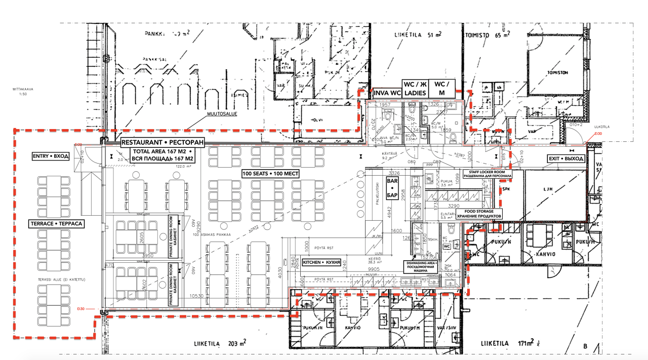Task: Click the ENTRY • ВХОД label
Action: [x=50, y=156]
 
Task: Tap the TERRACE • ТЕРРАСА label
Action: [x=56, y=223]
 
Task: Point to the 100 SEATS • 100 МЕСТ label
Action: [x=270, y=174]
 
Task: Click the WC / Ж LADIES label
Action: [x=415, y=89]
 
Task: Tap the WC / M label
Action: [x=442, y=89]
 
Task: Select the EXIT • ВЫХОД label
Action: [x=566, y=159]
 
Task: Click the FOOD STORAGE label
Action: [x=478, y=214]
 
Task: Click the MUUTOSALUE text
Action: [x=221, y=114]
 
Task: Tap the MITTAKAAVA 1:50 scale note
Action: [x=23, y=91]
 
